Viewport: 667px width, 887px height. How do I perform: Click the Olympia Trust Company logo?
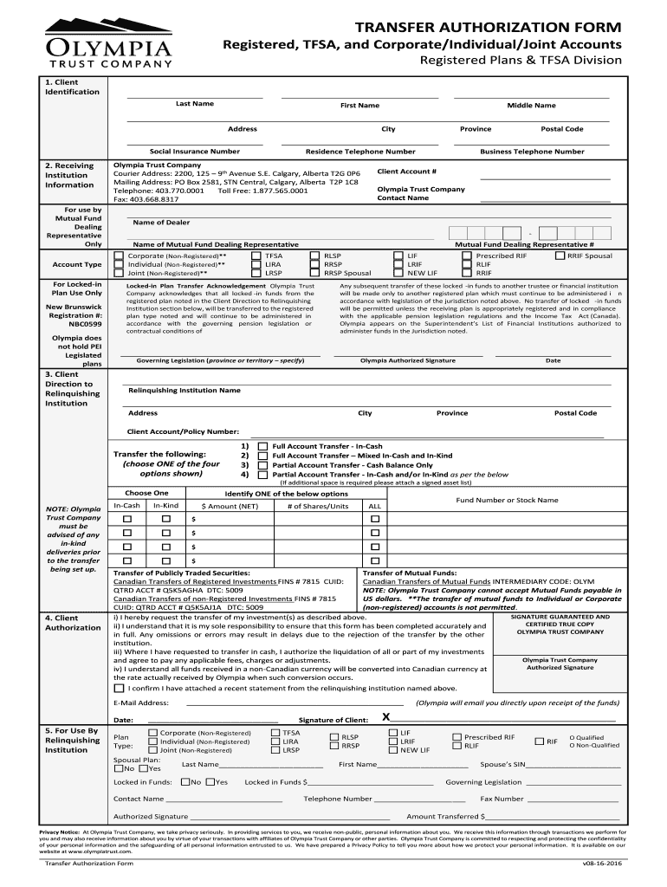point(108,42)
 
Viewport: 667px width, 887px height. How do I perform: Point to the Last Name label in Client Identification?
point(194,104)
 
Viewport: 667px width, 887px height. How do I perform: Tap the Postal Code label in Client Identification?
point(562,129)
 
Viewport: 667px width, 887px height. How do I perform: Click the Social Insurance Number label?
point(183,152)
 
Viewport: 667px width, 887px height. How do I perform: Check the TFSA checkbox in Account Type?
point(256,256)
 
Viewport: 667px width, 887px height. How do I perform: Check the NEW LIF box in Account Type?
point(399,273)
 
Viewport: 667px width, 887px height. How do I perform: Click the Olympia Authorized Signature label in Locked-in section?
point(395,360)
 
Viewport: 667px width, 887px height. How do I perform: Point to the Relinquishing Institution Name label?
point(184,391)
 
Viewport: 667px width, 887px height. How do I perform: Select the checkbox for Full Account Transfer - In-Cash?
point(263,445)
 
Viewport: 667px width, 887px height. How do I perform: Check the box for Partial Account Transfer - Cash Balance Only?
point(263,465)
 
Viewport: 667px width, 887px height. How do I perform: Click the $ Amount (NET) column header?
point(230,506)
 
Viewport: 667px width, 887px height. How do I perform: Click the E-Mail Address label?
point(141,703)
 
